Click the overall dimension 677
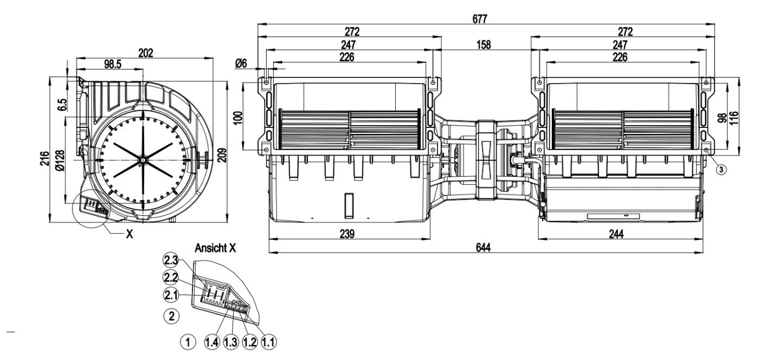point(479,19)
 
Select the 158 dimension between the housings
point(484,46)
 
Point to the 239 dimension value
point(347,234)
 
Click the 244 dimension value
point(616,234)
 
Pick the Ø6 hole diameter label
point(241,64)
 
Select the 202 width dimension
point(145,53)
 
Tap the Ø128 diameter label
point(60,160)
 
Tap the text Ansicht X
point(215,248)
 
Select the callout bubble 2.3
point(170,260)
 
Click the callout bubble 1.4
point(213,342)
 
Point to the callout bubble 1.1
point(268,342)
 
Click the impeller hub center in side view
point(141,160)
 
